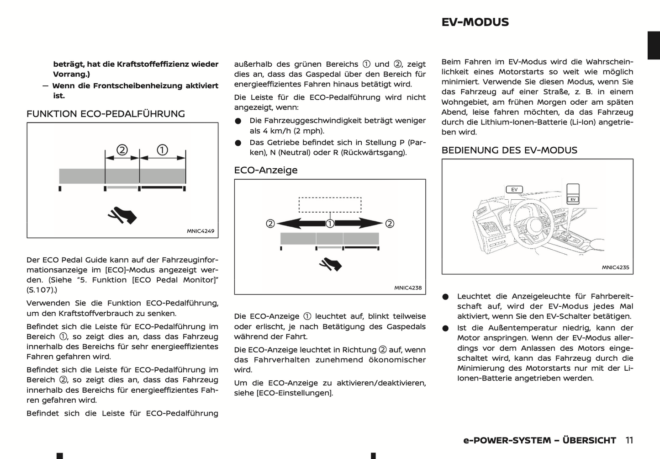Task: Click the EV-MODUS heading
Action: (475, 22)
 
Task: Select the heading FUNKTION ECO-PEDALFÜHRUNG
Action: (106, 114)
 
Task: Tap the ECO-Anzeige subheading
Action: (265, 170)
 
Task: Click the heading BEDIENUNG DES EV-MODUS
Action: (509, 150)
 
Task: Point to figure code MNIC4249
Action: (201, 231)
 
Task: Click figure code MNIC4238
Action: (408, 288)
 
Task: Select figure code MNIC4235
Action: (615, 267)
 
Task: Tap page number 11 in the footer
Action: (629, 440)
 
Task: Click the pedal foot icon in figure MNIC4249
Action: (122, 215)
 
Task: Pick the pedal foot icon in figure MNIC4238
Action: (330, 264)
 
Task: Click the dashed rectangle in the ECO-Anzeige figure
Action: (330, 204)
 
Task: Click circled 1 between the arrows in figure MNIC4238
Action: (330, 224)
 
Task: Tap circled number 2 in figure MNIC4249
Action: (122, 150)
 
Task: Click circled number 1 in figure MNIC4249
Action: (162, 150)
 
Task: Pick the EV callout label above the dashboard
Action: (514, 189)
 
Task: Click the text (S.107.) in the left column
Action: (42, 290)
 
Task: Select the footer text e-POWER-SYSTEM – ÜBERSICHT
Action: (539, 440)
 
